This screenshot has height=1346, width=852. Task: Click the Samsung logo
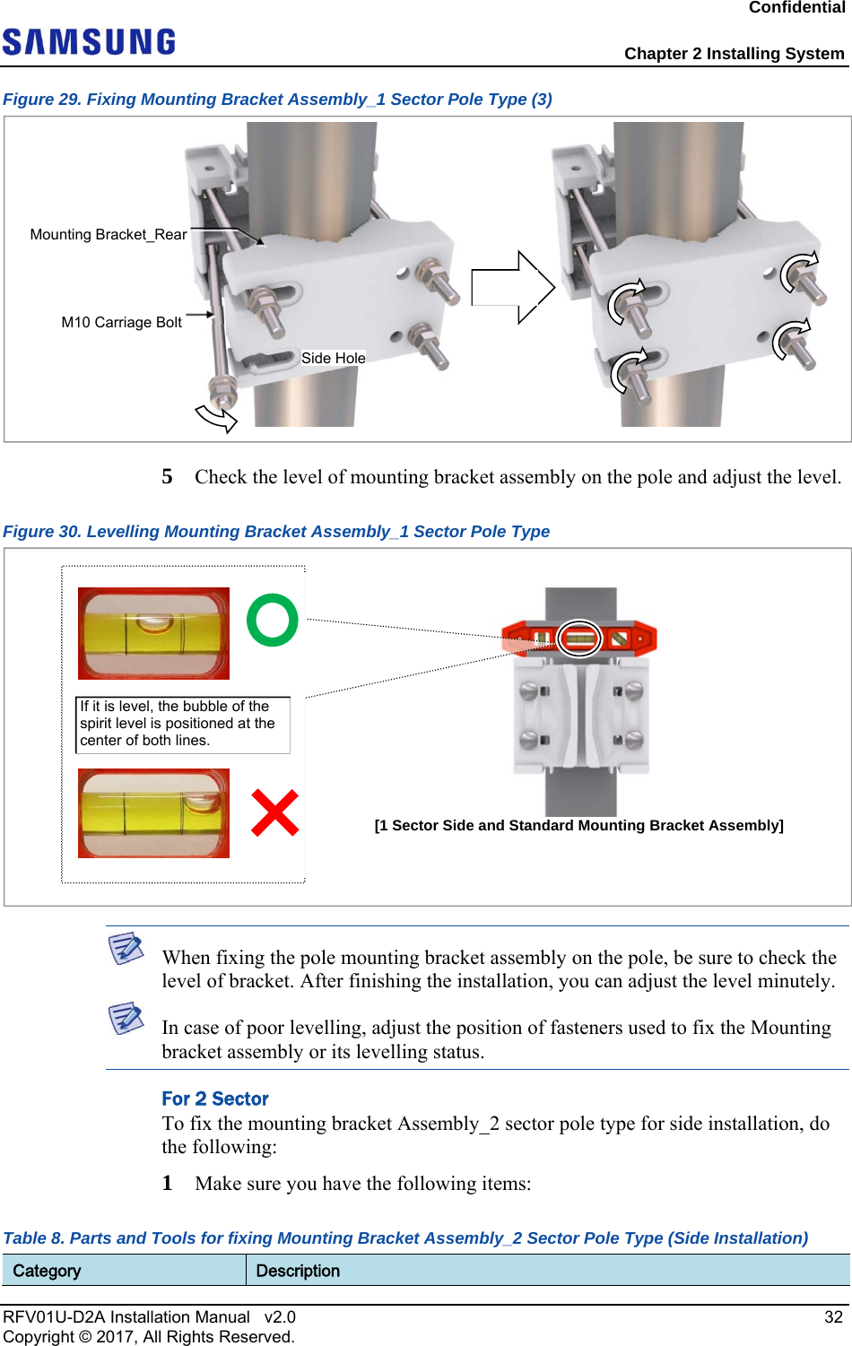[x=89, y=42]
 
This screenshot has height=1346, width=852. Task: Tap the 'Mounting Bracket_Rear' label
[x=109, y=235]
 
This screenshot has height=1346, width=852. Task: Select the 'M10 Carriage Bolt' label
[x=121, y=323]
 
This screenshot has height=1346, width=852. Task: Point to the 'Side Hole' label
[x=333, y=358]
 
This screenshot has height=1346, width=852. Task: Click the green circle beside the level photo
[x=272, y=620]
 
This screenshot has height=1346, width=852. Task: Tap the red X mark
[x=274, y=812]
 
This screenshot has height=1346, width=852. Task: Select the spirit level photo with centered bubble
[x=153, y=633]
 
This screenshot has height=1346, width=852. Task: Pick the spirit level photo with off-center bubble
[x=153, y=813]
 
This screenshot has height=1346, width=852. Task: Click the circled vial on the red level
[x=579, y=638]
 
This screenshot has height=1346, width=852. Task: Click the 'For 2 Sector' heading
[x=215, y=1099]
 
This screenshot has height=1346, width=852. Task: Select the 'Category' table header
[x=47, y=1271]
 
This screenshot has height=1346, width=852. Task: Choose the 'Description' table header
[x=298, y=1271]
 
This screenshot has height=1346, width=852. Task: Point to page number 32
[x=833, y=1316]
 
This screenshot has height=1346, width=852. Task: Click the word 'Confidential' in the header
[x=796, y=8]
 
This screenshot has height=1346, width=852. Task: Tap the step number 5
[x=168, y=476]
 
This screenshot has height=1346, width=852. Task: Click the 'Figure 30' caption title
[x=276, y=532]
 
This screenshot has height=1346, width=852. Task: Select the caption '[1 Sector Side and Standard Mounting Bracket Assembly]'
[x=578, y=825]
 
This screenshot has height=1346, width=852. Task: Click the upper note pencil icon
[x=126, y=948]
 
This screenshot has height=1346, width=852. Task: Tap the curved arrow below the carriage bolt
[x=216, y=417]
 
